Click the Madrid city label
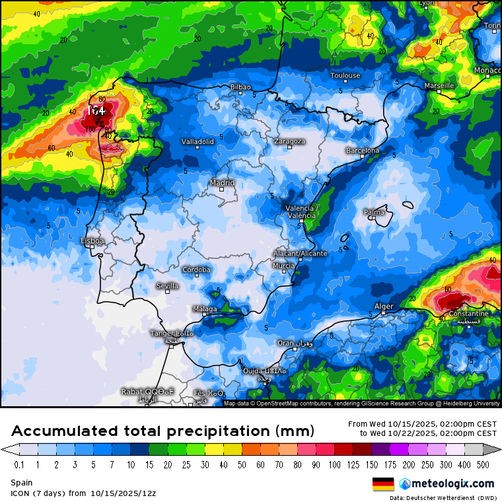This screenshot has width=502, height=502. click(222, 183)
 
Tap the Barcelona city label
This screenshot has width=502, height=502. click(363, 151)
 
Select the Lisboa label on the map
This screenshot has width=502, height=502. click(92, 241)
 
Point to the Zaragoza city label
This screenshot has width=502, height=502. click(289, 141)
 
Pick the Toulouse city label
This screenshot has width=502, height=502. click(345, 75)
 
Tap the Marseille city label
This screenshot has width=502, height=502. click(439, 86)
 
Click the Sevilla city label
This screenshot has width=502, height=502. click(167, 286)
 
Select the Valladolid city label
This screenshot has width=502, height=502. click(197, 141)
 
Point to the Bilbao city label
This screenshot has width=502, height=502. click(240, 87)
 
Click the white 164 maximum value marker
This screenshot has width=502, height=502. click(96, 111)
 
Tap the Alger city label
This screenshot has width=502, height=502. click(384, 306)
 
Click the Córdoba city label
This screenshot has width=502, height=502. click(197, 269)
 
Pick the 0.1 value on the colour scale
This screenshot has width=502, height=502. click(20, 464)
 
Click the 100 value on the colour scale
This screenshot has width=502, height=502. click(334, 464)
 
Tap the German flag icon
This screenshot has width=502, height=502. click(383, 484)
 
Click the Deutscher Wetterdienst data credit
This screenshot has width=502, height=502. click(444, 497)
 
